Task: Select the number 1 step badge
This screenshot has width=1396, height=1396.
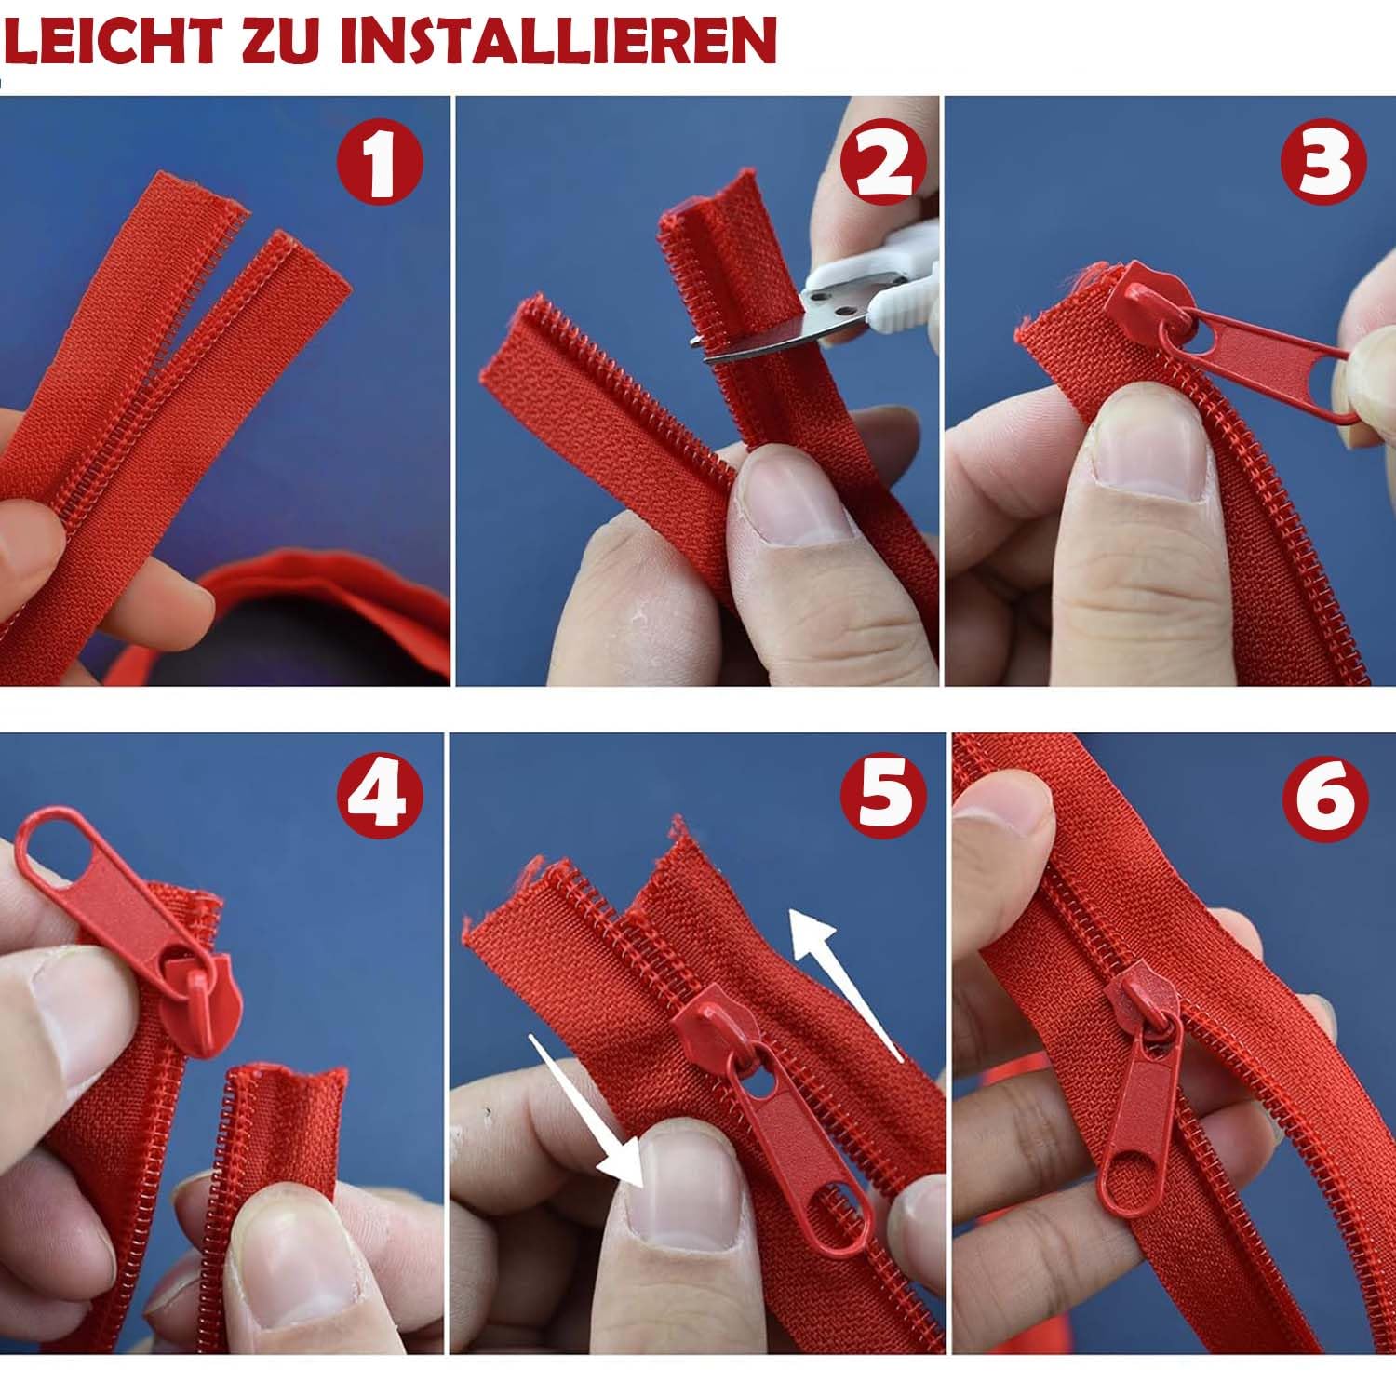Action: point(380,165)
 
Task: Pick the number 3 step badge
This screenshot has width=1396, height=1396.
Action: point(1324,165)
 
